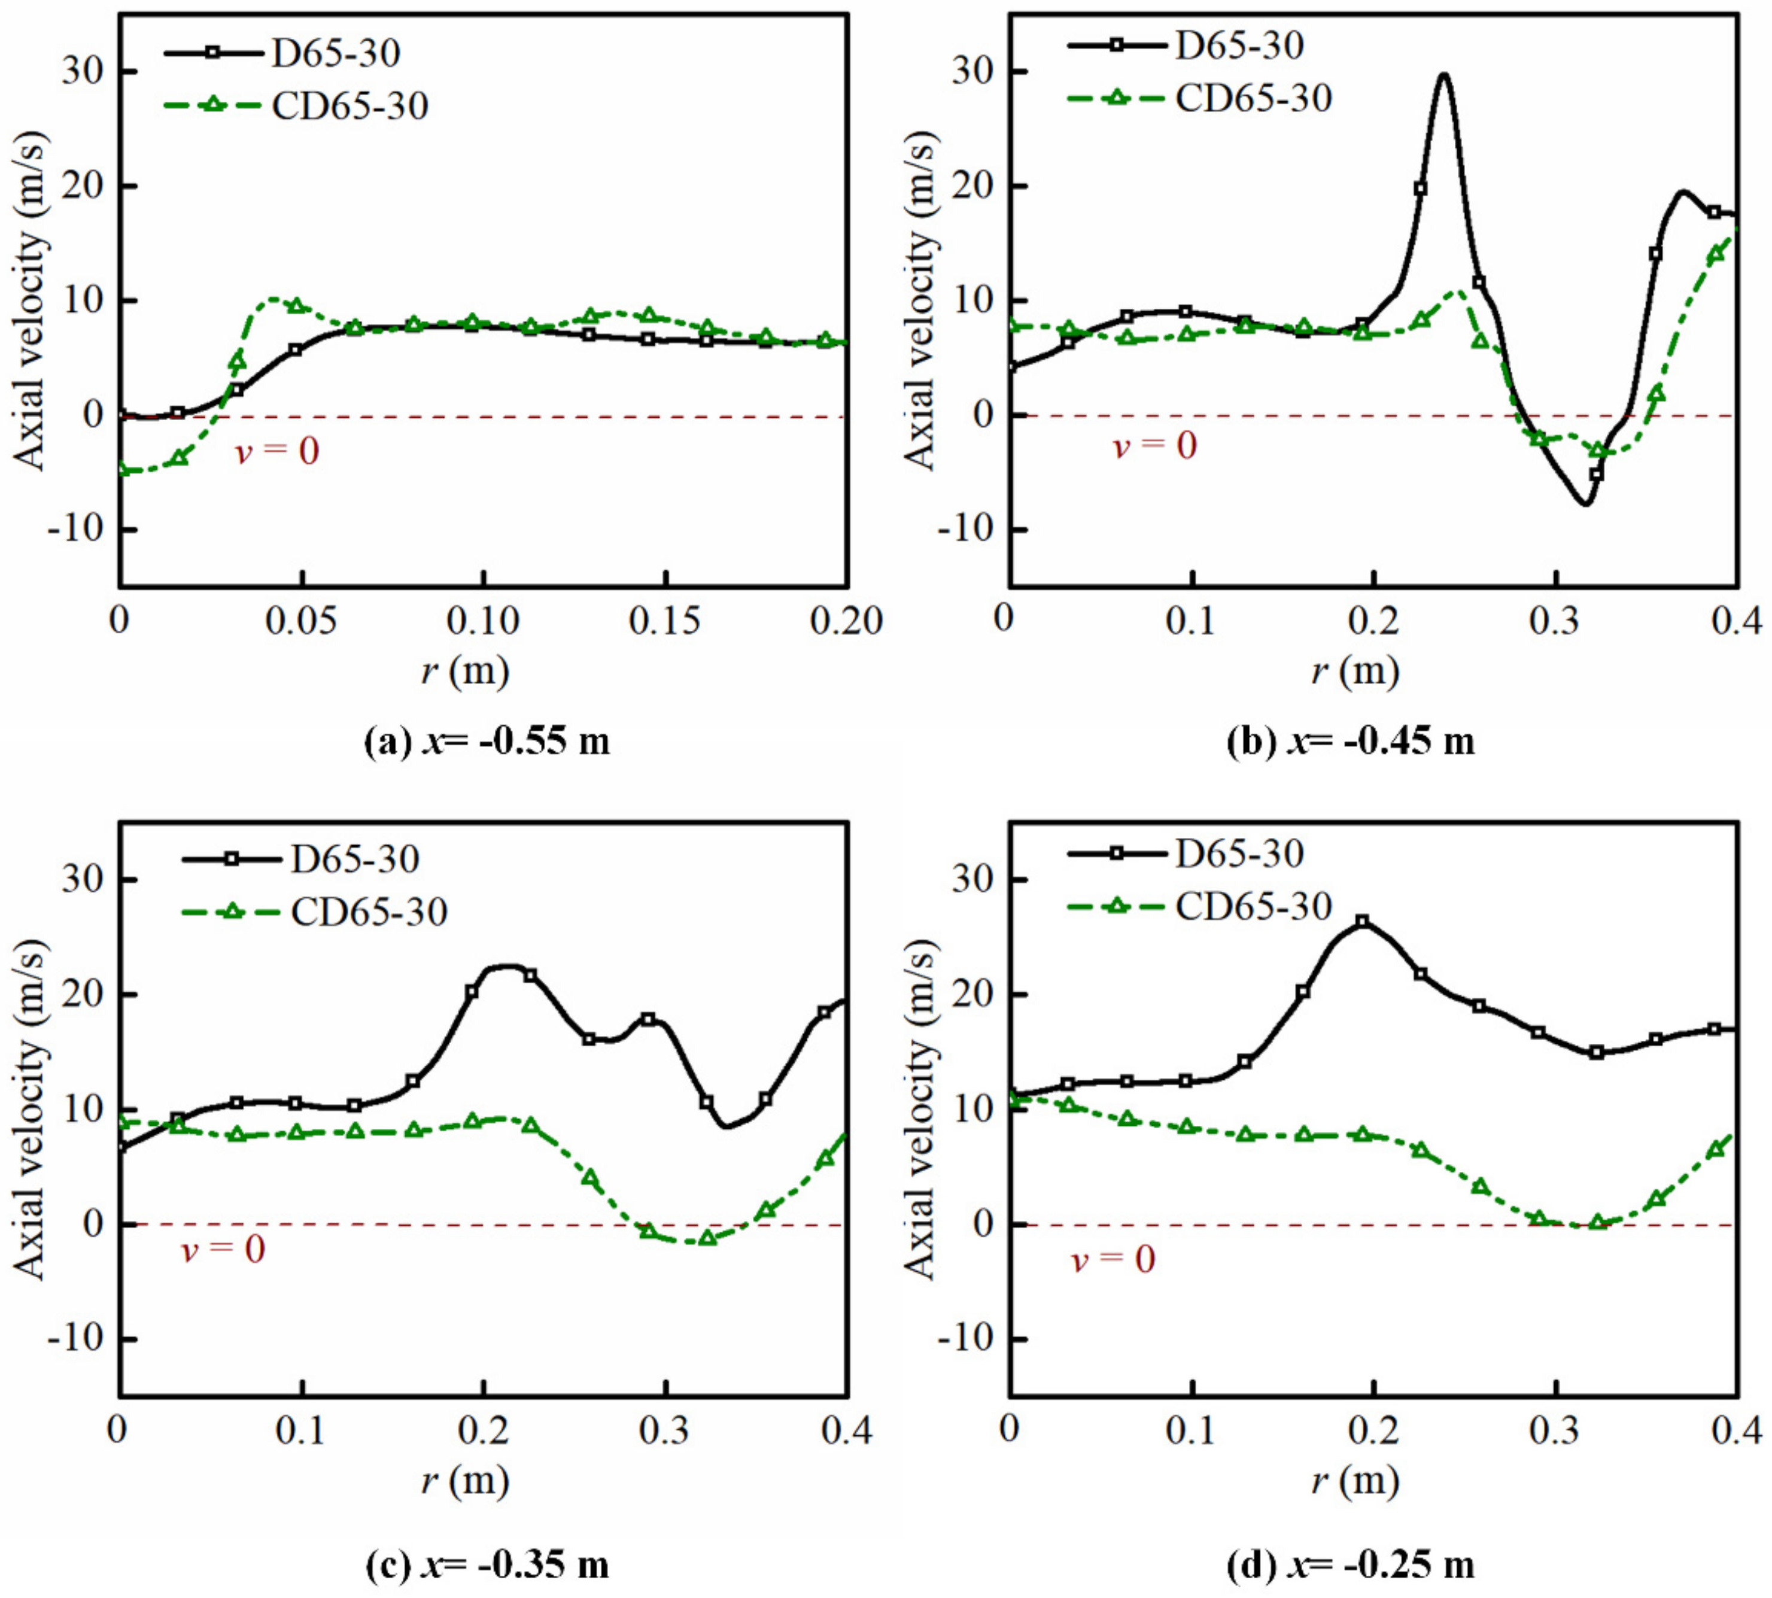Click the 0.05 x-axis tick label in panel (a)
(x=301, y=622)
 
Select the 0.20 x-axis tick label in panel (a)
(x=846, y=622)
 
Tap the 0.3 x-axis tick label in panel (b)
(x=1555, y=622)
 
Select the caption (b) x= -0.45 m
(x=1351, y=742)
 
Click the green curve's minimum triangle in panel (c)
(x=707, y=1239)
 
